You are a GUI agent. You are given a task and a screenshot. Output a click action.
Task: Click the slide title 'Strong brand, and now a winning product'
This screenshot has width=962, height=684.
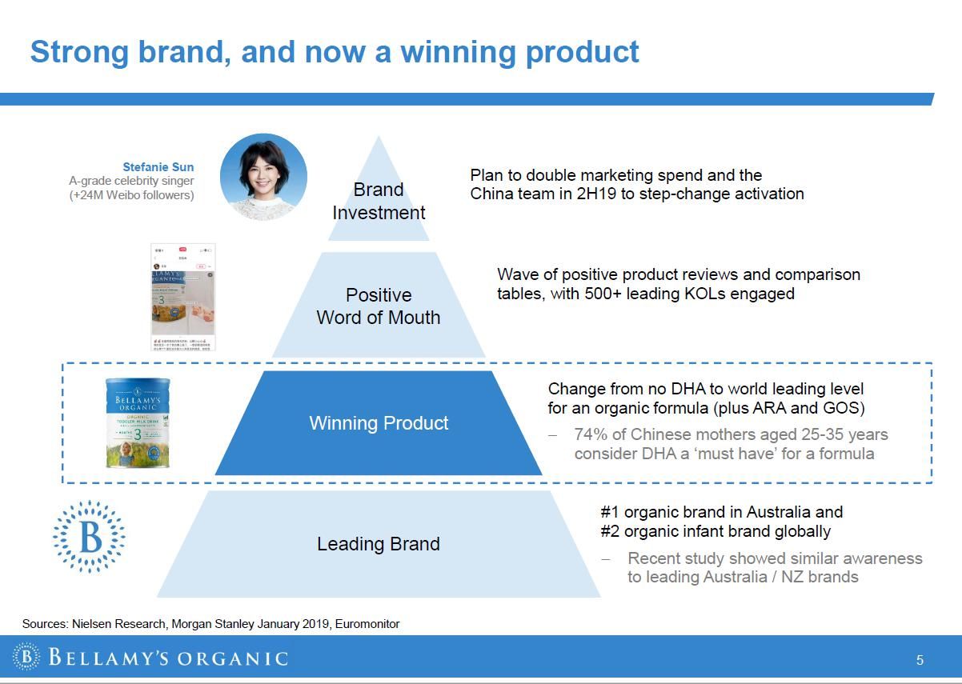click(x=335, y=51)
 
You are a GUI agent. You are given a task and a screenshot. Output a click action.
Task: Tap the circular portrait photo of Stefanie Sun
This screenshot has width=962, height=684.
click(x=263, y=177)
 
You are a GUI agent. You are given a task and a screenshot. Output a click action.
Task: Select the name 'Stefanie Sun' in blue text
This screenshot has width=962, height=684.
click(x=158, y=167)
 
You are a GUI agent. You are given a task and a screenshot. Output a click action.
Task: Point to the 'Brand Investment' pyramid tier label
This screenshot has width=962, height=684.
click(x=379, y=201)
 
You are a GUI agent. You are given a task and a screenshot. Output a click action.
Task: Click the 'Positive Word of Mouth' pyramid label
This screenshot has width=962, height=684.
click(x=379, y=306)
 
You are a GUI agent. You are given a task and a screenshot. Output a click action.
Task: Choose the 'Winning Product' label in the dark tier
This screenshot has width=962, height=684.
click(x=379, y=423)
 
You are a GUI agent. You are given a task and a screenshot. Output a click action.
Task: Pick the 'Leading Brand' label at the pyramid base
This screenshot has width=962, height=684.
click(x=379, y=544)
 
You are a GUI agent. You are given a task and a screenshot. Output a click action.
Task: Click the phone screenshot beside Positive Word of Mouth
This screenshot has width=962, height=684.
click(x=183, y=298)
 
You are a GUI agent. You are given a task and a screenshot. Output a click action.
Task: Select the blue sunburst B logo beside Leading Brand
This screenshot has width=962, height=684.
click(x=90, y=537)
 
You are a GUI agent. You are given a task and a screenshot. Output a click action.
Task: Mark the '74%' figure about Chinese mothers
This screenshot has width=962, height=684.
click(x=591, y=434)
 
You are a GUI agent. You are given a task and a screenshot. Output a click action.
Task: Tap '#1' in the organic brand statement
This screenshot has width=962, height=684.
click(x=610, y=512)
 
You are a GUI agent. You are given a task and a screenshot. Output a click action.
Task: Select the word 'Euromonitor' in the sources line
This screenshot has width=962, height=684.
click(x=367, y=624)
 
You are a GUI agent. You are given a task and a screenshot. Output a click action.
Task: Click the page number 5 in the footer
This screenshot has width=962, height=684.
click(x=920, y=660)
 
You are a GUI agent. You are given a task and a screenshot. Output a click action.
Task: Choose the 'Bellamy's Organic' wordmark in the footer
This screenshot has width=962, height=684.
click(x=167, y=658)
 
